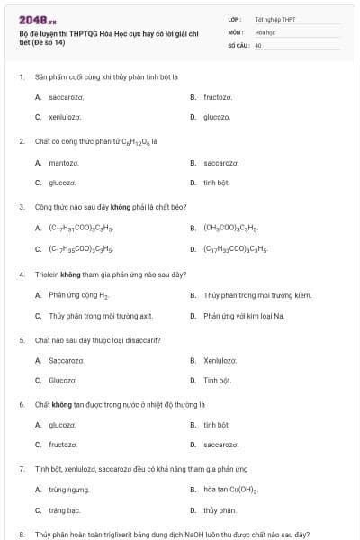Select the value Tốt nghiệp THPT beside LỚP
274,18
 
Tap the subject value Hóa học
265,31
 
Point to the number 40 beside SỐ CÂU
258,44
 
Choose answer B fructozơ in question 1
218,96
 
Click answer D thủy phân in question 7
220,510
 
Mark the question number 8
21,534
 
